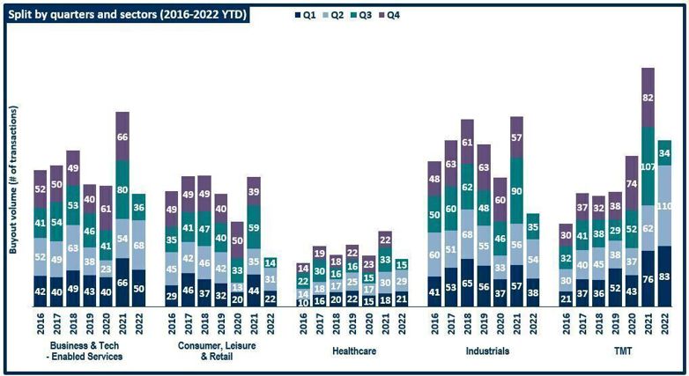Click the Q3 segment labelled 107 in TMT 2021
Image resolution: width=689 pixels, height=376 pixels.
(648, 166)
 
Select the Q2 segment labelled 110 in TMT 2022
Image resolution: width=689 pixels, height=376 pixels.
(665, 205)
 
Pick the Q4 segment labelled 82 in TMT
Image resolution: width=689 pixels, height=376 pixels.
(648, 98)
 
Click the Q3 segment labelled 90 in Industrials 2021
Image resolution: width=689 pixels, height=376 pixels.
(516, 191)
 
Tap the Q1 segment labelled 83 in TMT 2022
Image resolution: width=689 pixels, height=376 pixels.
(665, 277)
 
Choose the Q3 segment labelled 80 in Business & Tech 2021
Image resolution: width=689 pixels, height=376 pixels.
(122, 188)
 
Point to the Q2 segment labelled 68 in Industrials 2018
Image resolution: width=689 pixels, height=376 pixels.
(467, 234)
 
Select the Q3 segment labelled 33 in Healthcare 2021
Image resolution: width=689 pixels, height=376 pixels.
(385, 260)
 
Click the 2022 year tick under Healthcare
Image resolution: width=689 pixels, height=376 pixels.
(402, 323)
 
